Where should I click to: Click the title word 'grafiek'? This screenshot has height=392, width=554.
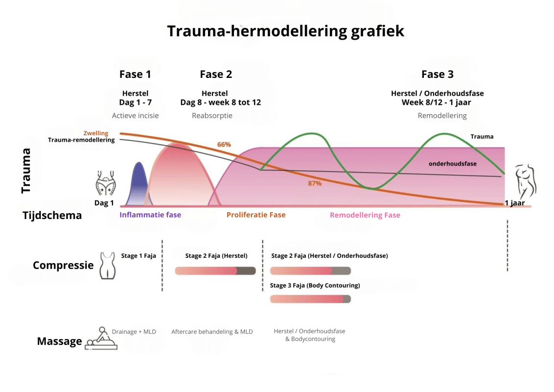(377, 31)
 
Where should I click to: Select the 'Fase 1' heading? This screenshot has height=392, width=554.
(135, 74)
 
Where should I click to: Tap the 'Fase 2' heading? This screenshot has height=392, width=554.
(216, 74)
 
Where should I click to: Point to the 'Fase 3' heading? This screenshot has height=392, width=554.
(438, 74)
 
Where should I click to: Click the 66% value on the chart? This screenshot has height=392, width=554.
(224, 145)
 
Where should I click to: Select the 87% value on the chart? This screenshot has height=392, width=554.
(315, 183)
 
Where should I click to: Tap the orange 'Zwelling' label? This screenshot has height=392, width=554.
(96, 133)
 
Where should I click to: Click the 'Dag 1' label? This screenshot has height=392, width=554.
(104, 203)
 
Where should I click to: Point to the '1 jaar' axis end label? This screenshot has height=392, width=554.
(515, 203)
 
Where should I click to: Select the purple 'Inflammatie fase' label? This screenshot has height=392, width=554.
(150, 215)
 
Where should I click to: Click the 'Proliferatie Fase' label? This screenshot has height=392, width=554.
(256, 215)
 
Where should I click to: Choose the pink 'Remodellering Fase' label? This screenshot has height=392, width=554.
(365, 215)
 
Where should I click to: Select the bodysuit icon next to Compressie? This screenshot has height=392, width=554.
(108, 266)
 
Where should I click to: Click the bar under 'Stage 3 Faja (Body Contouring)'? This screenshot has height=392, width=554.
(311, 299)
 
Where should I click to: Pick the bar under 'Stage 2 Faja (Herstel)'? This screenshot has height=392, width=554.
(215, 271)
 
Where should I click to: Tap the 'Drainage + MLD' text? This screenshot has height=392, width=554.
(134, 332)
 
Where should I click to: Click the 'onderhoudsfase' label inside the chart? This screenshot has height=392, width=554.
(453, 164)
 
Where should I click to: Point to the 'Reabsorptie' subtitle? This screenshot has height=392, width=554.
(212, 116)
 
